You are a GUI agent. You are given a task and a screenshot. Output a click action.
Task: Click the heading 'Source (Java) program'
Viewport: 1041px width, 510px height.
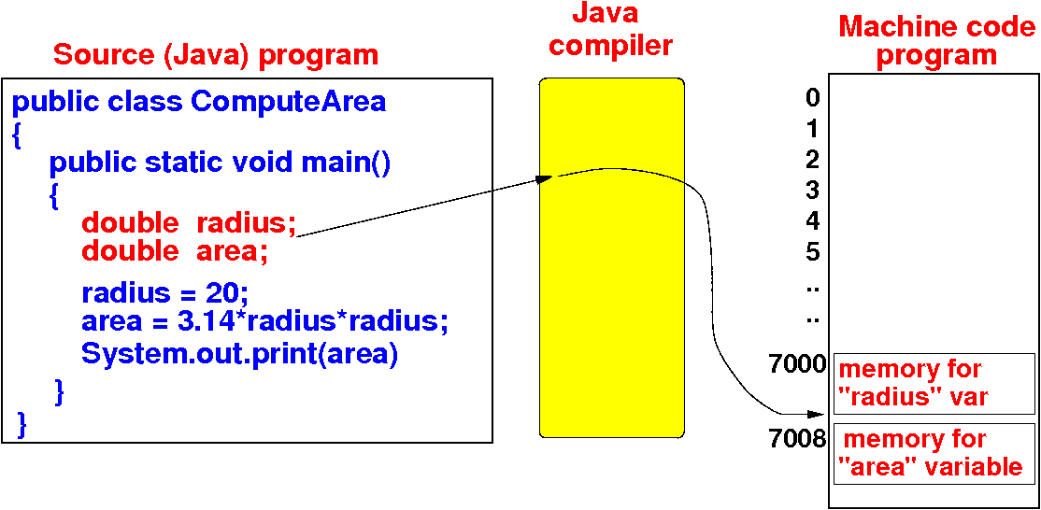click(216, 54)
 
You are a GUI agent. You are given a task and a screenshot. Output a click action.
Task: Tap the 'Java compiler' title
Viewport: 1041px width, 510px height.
click(610, 30)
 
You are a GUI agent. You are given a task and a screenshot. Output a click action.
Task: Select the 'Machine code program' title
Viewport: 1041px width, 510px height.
click(936, 40)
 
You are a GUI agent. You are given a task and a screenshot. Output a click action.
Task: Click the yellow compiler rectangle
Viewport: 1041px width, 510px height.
click(612, 280)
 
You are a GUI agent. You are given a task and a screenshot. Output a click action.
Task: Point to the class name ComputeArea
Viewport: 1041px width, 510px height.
click(288, 101)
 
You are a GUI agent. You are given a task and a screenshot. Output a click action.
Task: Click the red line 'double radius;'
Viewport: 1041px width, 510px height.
click(188, 223)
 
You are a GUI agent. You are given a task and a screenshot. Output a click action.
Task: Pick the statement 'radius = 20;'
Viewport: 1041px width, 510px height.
click(164, 293)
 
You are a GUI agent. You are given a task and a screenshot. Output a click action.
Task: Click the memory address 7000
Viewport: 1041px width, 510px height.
click(801, 365)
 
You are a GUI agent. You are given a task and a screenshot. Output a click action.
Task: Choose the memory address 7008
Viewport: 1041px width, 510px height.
click(801, 437)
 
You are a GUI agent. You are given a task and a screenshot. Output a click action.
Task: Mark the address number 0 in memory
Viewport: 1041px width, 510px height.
click(812, 98)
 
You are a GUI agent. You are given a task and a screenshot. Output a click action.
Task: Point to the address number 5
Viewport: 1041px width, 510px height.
click(812, 252)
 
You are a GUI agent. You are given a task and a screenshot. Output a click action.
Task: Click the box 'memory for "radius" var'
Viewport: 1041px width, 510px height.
click(934, 383)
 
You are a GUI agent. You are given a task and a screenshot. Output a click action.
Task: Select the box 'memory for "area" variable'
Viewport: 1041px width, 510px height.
click(934, 453)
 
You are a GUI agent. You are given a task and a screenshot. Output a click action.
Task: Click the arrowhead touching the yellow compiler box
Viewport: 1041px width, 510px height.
click(546, 177)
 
